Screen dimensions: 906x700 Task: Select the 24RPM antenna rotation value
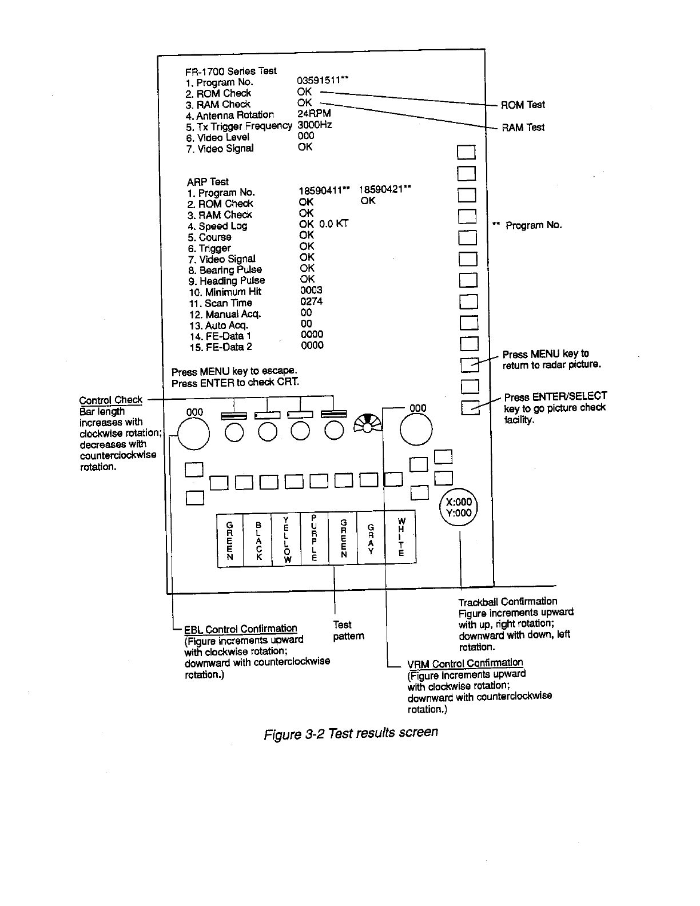pyautogui.click(x=314, y=114)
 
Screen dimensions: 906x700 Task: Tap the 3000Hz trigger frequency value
pyautogui.click(x=315, y=125)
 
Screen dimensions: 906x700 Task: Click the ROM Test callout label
pyautogui.click(x=523, y=105)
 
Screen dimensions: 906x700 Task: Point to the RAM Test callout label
pyautogui.click(x=523, y=127)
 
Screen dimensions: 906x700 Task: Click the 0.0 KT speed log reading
pyautogui.click(x=334, y=224)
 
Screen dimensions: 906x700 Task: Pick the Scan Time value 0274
pyautogui.click(x=312, y=301)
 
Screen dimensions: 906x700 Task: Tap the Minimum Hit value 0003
pyautogui.click(x=311, y=291)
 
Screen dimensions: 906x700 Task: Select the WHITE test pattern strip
pyautogui.click(x=401, y=538)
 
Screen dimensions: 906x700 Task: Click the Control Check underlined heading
pyautogui.click(x=111, y=400)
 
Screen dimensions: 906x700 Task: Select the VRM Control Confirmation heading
pyautogui.click(x=464, y=663)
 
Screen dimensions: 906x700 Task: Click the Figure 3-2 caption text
pyautogui.click(x=350, y=733)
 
